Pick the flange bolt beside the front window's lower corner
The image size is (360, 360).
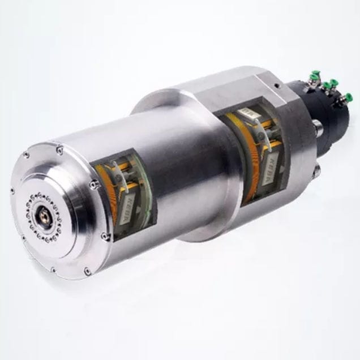click(104, 237)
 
